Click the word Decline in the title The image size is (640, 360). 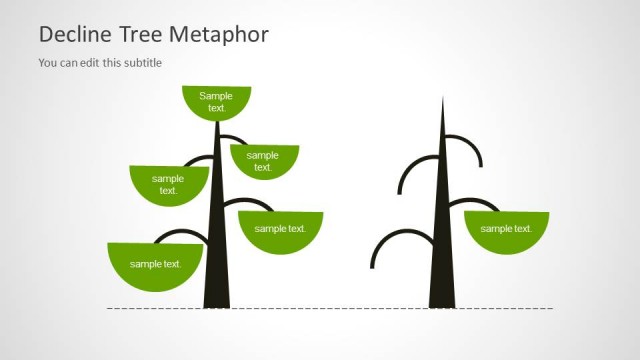[x=72, y=35]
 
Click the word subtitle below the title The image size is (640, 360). [x=141, y=63]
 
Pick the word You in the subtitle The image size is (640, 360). [x=48, y=63]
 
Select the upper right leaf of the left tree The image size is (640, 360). [x=264, y=160]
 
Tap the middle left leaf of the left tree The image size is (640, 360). [x=168, y=184]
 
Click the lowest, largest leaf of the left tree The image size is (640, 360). [x=155, y=264]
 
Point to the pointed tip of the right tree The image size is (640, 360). [x=443, y=100]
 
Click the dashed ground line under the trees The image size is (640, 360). [x=330, y=308]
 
